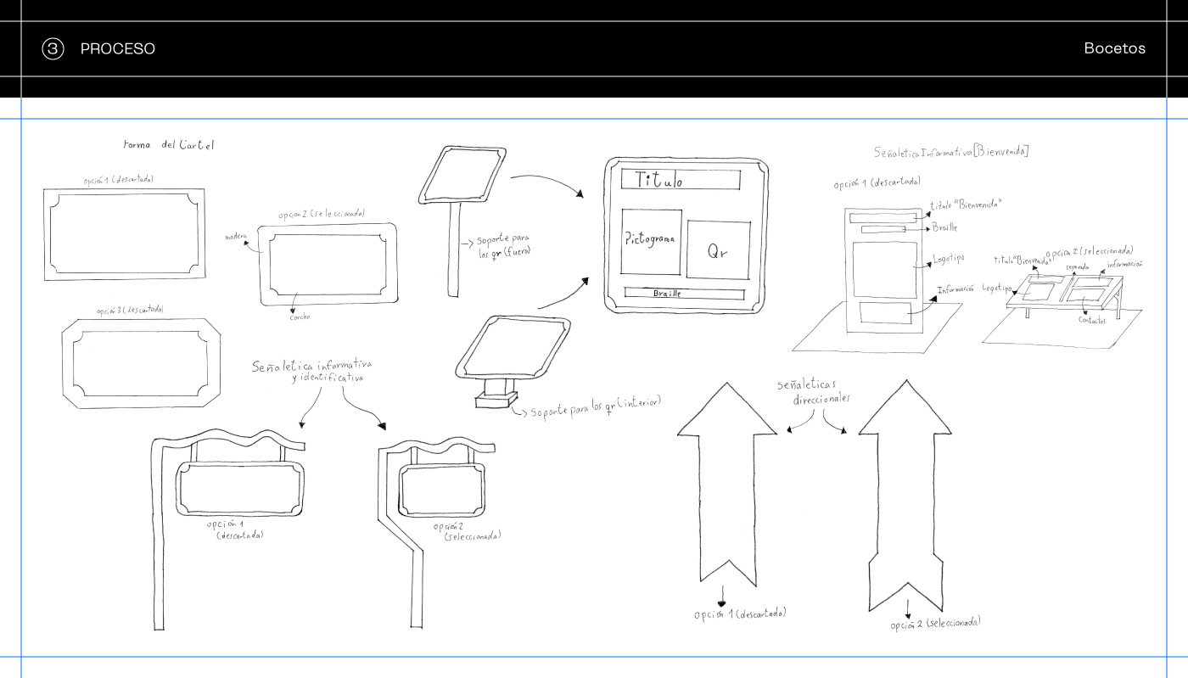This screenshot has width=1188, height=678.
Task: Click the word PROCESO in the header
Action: (117, 49)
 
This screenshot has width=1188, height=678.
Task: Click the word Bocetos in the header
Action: (1114, 48)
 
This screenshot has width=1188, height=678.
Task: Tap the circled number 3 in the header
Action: (53, 49)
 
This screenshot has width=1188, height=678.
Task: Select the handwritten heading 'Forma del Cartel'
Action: (169, 145)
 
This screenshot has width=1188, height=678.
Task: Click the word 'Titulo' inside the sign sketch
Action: (659, 180)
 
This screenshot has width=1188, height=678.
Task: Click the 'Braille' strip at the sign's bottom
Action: (684, 294)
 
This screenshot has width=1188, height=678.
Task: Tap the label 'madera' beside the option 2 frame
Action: (236, 237)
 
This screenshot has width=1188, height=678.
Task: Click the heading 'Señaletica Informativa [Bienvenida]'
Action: (951, 152)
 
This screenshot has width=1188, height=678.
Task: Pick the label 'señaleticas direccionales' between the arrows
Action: (813, 392)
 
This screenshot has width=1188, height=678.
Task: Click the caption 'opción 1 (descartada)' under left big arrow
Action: (739, 614)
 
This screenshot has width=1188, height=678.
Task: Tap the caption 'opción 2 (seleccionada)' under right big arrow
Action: (935, 624)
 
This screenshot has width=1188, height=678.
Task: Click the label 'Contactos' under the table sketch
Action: (1092, 319)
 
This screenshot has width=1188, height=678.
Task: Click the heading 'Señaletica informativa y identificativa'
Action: (311, 371)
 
